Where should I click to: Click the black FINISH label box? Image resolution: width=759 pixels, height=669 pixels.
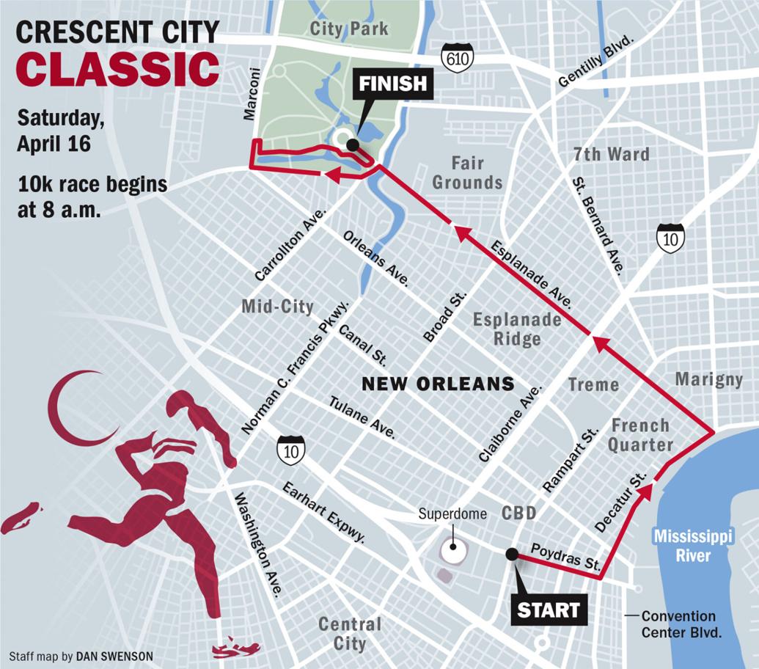(x=392, y=83)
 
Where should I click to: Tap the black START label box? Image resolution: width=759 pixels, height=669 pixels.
(x=549, y=609)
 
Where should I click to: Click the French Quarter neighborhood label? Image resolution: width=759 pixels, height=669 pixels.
(x=641, y=434)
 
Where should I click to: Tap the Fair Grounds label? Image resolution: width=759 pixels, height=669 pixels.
(x=467, y=172)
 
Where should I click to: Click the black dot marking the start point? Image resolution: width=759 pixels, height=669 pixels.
(x=512, y=554)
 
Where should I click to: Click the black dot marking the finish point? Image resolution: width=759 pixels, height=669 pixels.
(x=353, y=145)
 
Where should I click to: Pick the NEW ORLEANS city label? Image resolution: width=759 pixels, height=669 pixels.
(x=439, y=384)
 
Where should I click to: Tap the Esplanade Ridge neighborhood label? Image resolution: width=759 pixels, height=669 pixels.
(x=517, y=329)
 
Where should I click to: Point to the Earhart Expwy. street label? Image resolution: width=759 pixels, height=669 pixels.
(x=323, y=511)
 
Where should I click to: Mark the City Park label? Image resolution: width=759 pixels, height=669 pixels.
(x=349, y=29)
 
